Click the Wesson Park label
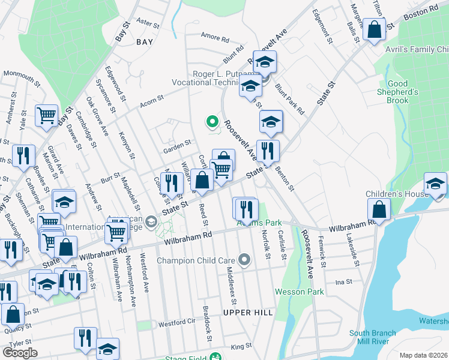click(x=300, y=292)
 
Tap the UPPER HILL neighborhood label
click(x=248, y=313)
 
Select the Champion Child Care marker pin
click(x=244, y=260)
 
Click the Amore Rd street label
click(x=215, y=38)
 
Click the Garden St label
click(x=178, y=143)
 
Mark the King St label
click(x=241, y=346)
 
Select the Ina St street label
click(x=343, y=281)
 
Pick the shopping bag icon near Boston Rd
click(x=375, y=30)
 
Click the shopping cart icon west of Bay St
click(x=47, y=116)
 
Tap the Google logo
click(x=20, y=353)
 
